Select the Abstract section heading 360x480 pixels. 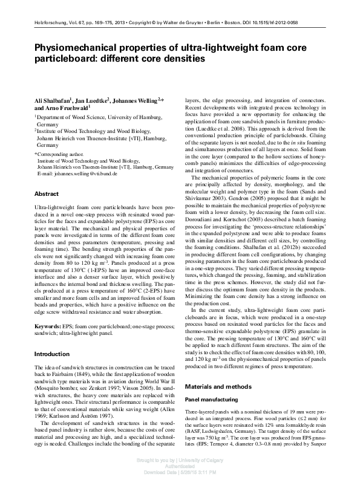pyautogui.click(x=47, y=193)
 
